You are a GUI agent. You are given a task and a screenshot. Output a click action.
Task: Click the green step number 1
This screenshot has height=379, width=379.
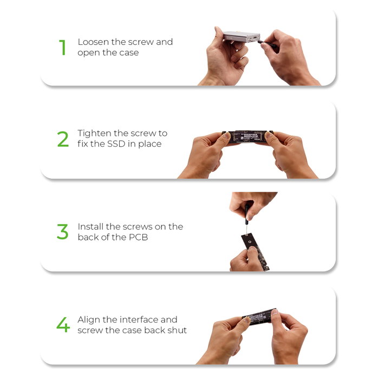tap(63, 48)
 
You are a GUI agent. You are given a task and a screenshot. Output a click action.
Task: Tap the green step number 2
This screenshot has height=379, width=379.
tap(63, 139)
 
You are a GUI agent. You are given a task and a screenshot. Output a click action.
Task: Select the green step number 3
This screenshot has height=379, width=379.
tap(63, 232)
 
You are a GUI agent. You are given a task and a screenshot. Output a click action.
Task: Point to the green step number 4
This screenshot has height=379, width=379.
tap(63, 325)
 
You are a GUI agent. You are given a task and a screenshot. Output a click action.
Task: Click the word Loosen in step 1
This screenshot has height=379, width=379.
tap(93, 42)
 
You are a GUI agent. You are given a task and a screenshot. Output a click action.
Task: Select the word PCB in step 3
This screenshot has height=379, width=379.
tap(138, 237)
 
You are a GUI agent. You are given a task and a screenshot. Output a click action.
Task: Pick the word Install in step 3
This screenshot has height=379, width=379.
tap(90, 226)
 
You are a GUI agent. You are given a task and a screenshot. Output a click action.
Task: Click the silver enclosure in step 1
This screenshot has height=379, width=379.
tap(241, 37)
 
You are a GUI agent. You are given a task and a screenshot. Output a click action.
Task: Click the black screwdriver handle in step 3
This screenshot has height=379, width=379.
tap(247, 213)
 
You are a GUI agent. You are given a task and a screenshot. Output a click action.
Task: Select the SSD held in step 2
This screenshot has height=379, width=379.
tap(247, 137)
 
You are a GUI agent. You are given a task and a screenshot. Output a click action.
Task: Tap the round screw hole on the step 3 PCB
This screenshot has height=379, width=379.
tap(250, 241)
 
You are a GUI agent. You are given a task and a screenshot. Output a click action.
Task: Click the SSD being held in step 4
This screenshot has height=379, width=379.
tap(260, 316)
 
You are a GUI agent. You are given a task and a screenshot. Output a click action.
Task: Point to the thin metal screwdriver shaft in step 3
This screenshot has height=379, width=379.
tap(246, 229)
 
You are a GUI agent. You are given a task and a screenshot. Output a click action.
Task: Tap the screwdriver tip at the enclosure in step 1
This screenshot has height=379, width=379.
tap(259, 41)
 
